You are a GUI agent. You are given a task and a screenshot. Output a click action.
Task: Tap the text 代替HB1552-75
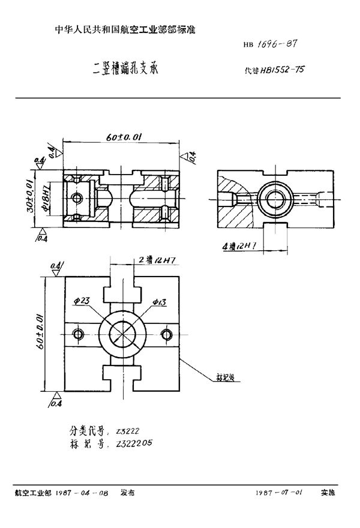coord(274,70)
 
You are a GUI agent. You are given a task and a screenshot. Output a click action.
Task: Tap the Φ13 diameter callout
coord(159,302)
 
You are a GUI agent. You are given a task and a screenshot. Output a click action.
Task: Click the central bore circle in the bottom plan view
coord(122,333)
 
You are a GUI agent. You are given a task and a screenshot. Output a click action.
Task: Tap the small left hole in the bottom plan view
coord(77,334)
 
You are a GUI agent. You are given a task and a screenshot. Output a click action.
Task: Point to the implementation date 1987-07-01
coord(279,492)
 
